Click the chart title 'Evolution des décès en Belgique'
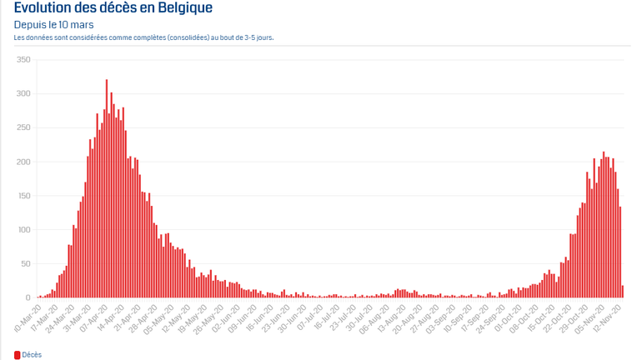[x=113, y=8]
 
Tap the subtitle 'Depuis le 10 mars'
[x=53, y=25]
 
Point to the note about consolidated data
[x=144, y=37]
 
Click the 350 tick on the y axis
[x=23, y=60]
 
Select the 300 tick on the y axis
[x=23, y=93]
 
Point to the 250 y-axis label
[x=23, y=127]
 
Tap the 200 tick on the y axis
[x=23, y=162]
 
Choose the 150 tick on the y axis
[x=23, y=196]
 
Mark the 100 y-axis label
[x=23, y=230]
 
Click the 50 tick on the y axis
[x=25, y=264]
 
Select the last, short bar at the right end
[x=622, y=292]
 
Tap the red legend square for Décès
[x=17, y=354]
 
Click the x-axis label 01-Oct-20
[x=507, y=316]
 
